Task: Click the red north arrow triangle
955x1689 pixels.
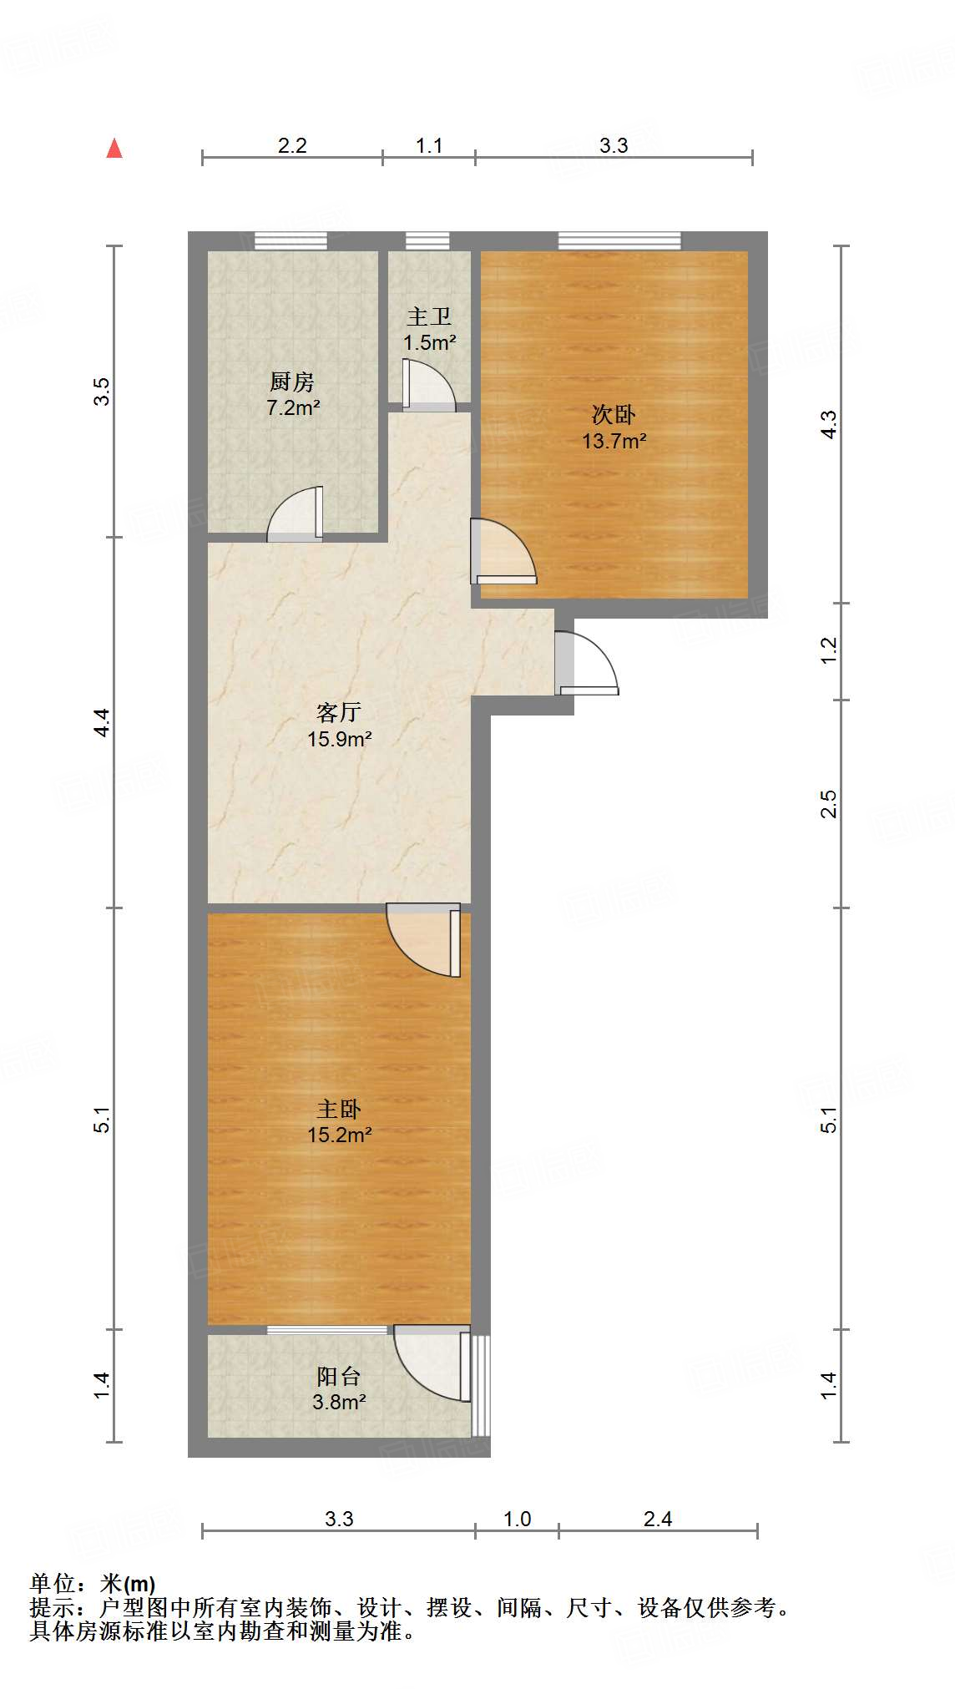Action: tap(114, 149)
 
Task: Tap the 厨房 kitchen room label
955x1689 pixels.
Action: tap(292, 382)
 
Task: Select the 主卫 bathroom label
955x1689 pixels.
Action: tap(429, 317)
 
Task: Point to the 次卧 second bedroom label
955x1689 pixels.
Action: tap(614, 415)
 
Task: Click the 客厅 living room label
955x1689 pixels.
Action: tap(339, 712)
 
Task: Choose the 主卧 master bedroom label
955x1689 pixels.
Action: tap(339, 1109)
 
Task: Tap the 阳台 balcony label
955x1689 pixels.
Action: tap(339, 1376)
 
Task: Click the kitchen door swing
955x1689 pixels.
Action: tap(297, 516)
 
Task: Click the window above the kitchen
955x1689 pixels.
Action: tap(291, 241)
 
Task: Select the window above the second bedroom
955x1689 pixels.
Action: tap(619, 241)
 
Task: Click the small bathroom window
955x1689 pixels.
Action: tap(427, 241)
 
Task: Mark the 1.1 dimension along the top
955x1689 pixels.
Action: tap(429, 146)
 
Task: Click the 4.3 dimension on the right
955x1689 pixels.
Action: tap(828, 424)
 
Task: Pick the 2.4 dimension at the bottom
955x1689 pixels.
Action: tap(658, 1519)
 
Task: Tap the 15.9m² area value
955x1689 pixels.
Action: tap(339, 739)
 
